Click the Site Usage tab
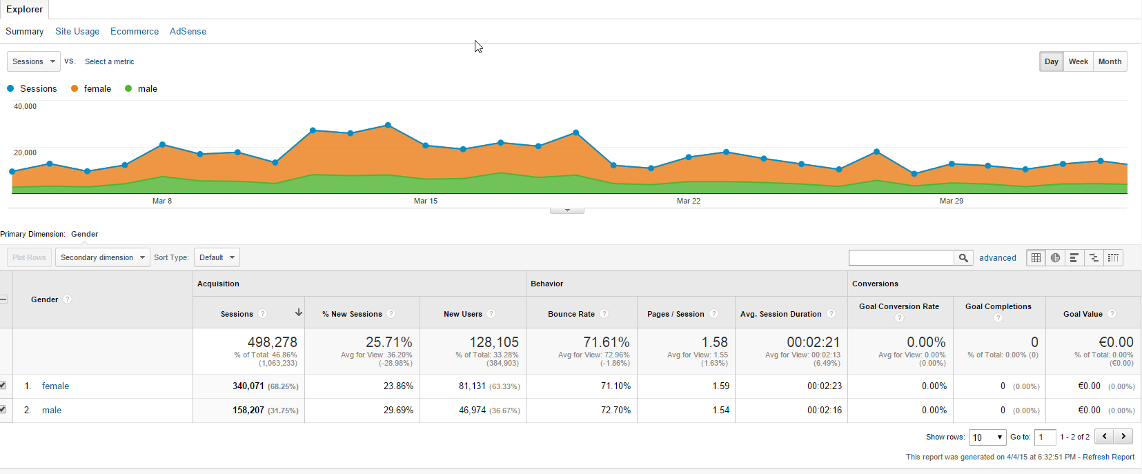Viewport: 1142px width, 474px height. coord(77,31)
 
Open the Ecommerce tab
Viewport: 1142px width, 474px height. coord(135,31)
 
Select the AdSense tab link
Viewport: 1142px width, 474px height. coord(188,31)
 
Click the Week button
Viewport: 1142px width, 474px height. coord(1079,61)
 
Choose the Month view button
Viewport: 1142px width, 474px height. coord(1110,61)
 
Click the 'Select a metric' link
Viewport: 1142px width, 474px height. coord(110,61)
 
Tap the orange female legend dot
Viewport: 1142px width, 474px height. coord(75,89)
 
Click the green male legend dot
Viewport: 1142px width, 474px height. coord(128,89)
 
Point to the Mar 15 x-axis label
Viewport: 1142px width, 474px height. coord(426,201)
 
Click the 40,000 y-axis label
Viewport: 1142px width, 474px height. coord(25,106)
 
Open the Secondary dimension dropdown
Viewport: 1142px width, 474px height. coord(103,257)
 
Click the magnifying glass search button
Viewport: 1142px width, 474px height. coord(963,258)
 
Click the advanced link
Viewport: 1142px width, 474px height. coord(998,258)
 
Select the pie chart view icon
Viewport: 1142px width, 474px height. coord(1055,258)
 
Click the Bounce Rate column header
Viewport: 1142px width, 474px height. coord(571,314)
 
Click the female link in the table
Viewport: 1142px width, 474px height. coord(56,386)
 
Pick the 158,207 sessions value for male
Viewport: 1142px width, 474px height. coord(248,410)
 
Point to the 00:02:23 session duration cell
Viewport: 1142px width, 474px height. coord(825,386)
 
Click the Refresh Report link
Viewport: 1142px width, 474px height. coord(1108,457)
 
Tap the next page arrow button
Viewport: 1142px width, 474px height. coord(1123,437)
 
